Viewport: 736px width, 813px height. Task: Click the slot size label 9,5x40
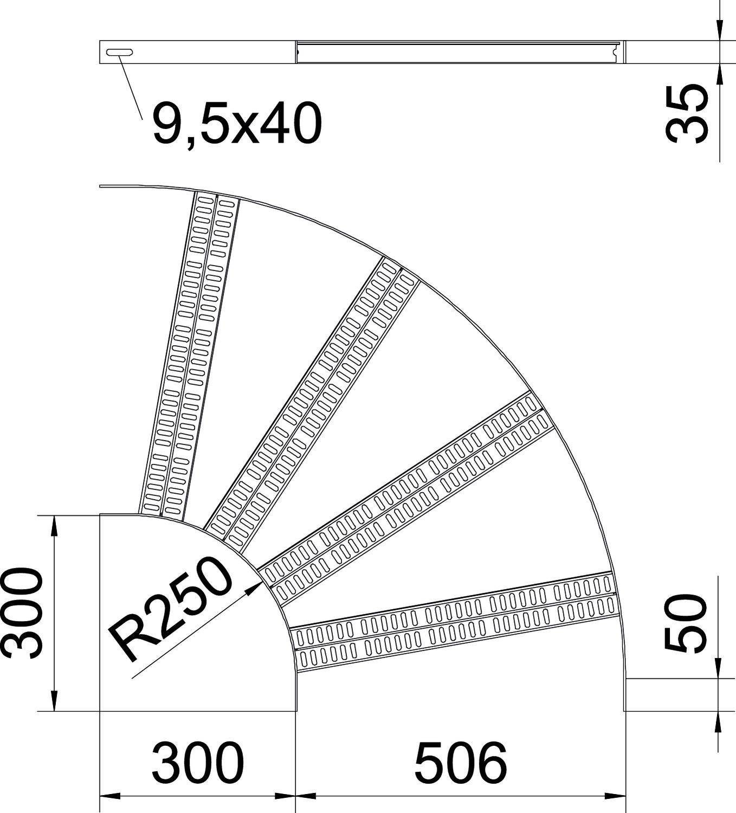(x=237, y=125)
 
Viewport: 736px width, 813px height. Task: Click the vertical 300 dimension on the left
(x=22, y=613)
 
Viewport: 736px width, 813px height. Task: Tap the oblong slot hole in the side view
(x=119, y=52)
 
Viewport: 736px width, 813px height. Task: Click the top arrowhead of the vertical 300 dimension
(x=53, y=525)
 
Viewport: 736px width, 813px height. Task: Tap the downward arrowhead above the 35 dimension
(x=719, y=30)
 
